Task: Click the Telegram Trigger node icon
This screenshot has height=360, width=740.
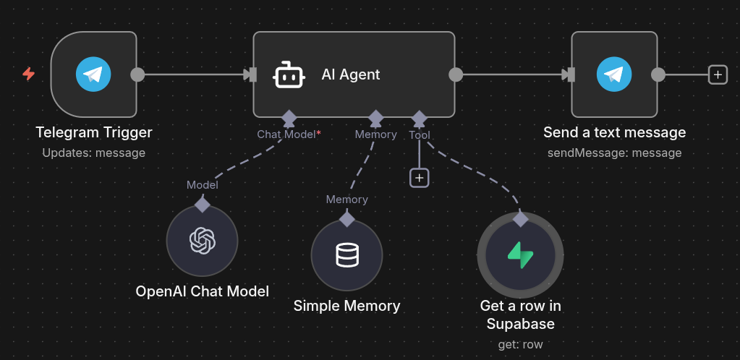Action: (x=93, y=74)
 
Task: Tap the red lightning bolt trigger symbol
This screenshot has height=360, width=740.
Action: (x=29, y=74)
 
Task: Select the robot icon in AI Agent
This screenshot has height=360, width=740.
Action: (x=289, y=74)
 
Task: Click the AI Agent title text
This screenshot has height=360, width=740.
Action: (x=351, y=74)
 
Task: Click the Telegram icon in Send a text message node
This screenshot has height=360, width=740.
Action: (x=614, y=74)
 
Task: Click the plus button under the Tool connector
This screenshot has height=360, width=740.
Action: (x=420, y=177)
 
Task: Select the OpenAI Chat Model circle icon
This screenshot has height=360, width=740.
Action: (x=203, y=241)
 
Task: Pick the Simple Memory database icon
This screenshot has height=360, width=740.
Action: (x=346, y=255)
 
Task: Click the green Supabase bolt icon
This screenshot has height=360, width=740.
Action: (x=520, y=255)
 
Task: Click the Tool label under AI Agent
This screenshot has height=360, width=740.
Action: (x=420, y=134)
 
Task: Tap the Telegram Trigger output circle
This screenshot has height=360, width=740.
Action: (x=137, y=74)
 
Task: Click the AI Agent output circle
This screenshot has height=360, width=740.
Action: (x=456, y=74)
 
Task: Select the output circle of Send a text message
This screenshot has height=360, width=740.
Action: (x=658, y=74)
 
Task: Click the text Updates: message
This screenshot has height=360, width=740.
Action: (x=94, y=153)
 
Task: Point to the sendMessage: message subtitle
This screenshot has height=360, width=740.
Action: (x=615, y=153)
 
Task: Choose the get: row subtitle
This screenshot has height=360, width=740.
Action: (x=520, y=344)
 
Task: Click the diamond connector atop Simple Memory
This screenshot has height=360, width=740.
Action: (x=347, y=219)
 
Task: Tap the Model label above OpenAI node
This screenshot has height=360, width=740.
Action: (x=203, y=185)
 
